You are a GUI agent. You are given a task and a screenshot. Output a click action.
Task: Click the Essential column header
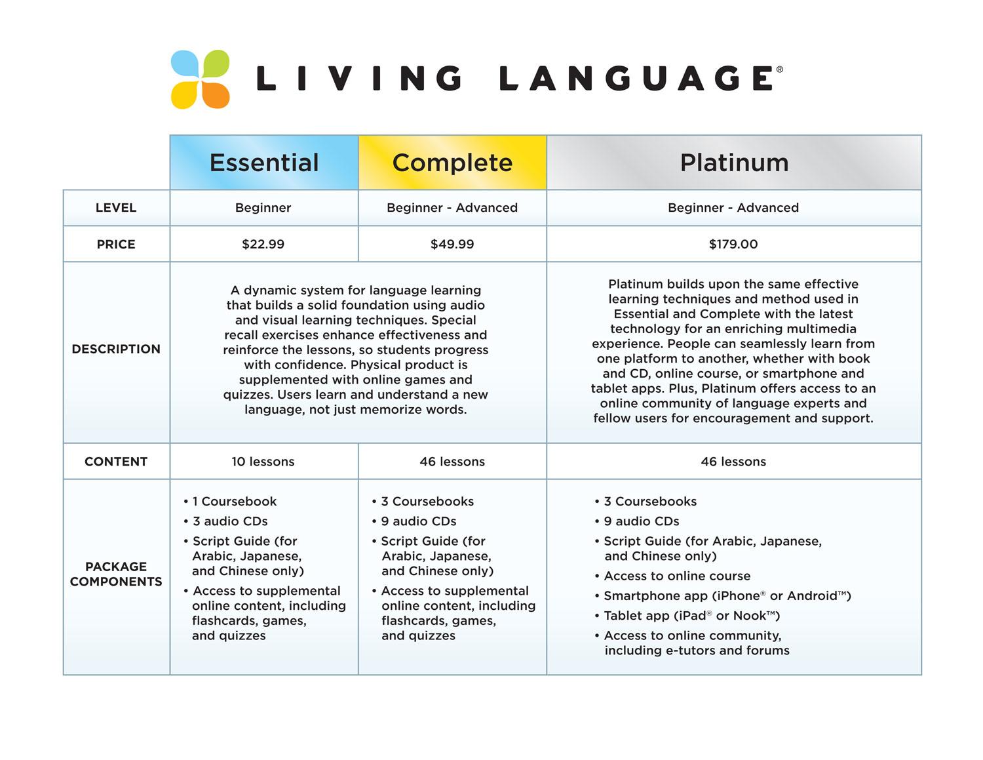point(264,163)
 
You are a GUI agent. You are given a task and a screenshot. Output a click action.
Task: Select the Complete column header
point(452,163)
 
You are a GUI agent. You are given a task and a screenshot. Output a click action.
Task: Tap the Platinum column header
point(734,163)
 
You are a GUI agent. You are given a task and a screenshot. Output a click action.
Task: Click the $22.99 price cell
point(263,244)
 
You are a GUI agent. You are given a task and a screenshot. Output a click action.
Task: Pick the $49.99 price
point(452,244)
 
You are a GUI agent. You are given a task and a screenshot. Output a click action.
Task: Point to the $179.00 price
point(733,244)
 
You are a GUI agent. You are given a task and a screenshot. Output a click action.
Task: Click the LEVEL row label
point(116,208)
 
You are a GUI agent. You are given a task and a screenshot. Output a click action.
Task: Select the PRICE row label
point(116,244)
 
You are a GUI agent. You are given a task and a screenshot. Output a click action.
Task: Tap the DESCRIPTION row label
point(116,349)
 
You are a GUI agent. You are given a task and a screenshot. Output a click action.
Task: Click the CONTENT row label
point(116,462)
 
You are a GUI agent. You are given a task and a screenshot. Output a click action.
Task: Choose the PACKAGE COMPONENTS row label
point(116,574)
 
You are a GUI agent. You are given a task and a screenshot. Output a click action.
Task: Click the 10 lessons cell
point(263,462)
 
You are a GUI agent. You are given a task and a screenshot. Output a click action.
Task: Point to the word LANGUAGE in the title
point(636,79)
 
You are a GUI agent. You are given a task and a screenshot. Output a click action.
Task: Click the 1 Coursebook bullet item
point(234,502)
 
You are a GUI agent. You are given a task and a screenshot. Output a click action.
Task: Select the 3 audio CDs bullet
point(230,521)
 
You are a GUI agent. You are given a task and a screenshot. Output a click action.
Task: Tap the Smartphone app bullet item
point(727,596)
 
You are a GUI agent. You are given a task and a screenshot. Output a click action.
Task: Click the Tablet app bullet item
point(691,616)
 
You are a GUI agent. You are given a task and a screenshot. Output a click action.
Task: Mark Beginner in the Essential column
point(263,208)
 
